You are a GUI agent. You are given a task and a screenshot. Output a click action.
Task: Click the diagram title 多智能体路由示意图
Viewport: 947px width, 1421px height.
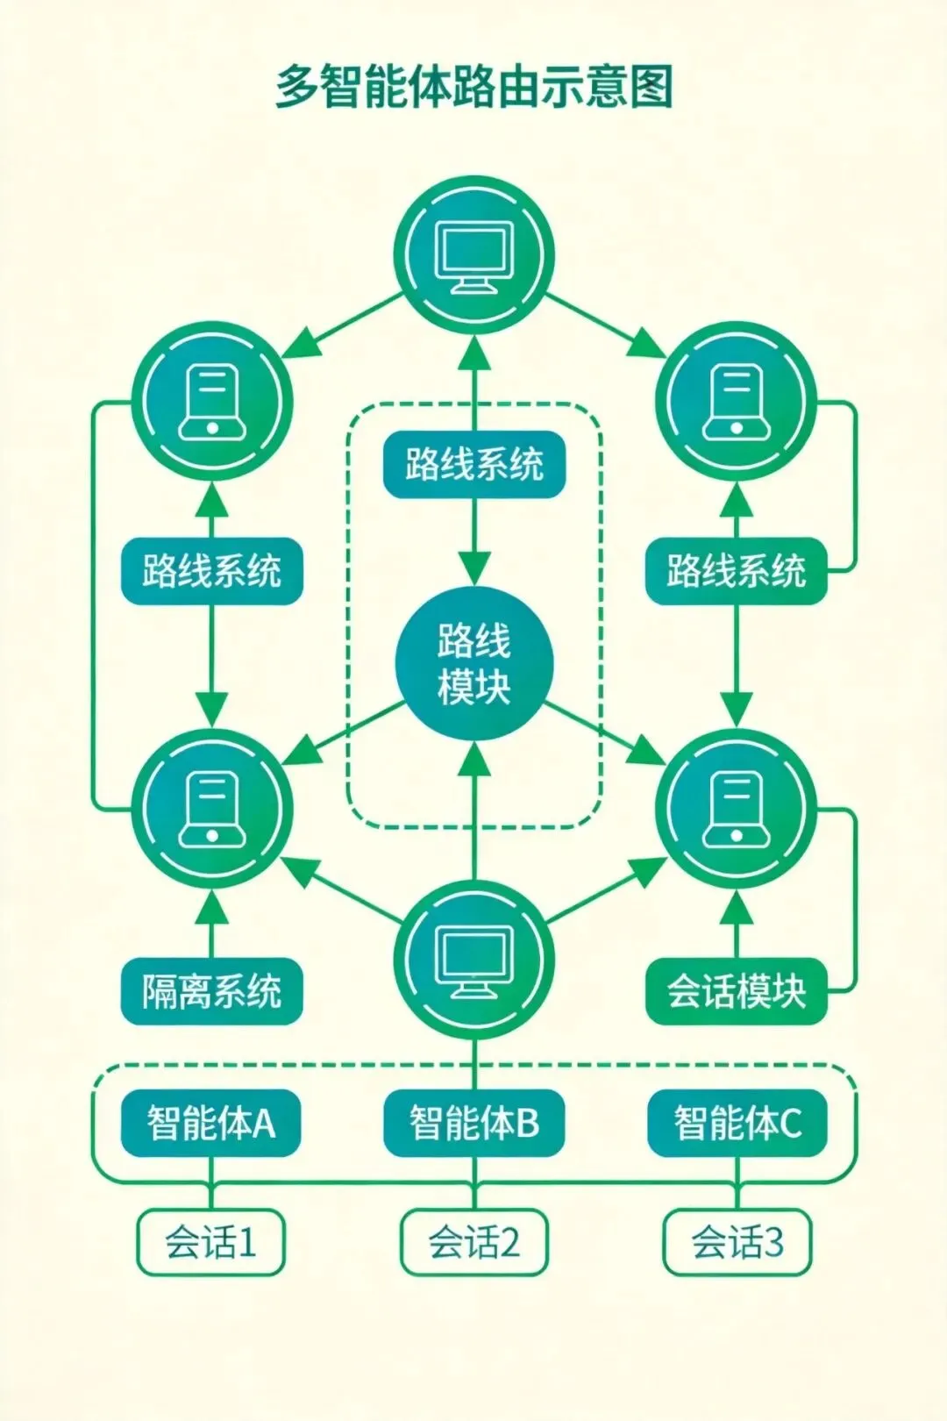[473, 87]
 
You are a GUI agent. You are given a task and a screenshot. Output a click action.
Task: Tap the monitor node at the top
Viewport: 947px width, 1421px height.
[473, 255]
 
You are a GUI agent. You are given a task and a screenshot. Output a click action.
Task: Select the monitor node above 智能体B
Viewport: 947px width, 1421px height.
[473, 960]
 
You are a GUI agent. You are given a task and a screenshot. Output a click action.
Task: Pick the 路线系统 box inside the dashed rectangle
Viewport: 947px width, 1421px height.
[473, 465]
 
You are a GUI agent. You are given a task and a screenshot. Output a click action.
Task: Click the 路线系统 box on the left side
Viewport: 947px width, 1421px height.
[211, 571]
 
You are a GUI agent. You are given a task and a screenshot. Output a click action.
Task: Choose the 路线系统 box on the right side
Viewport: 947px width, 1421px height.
[736, 571]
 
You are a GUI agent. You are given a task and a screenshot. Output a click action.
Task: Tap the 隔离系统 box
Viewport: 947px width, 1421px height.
[211, 991]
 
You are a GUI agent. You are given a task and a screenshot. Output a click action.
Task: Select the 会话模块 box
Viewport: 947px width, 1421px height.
[736, 991]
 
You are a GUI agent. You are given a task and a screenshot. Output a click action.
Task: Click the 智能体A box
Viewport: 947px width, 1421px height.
[211, 1123]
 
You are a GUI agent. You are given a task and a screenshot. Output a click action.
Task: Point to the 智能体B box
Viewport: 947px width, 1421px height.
[473, 1123]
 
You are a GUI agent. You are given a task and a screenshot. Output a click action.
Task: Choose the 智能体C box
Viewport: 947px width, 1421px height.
[737, 1123]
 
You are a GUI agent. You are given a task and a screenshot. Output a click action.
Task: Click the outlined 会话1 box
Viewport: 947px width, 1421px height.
[211, 1242]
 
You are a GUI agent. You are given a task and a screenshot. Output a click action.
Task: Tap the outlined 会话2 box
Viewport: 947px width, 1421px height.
[473, 1242]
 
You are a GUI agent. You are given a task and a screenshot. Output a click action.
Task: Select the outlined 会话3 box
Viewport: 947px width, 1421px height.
[737, 1242]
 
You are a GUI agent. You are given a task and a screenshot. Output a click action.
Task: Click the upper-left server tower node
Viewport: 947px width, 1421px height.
[211, 403]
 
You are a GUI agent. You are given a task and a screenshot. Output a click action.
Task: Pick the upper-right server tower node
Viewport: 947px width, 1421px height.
[736, 403]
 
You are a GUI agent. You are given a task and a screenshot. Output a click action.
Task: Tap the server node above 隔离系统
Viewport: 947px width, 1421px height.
[211, 808]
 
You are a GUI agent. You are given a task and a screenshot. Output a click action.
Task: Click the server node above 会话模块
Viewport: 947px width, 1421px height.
[736, 808]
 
